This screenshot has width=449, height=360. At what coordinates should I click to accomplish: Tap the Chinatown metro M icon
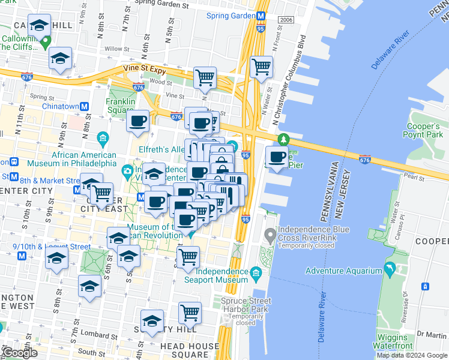tap(85, 106)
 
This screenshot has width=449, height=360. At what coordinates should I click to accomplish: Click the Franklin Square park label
tap(119, 106)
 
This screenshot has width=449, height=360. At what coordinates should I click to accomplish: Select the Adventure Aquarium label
tap(343, 271)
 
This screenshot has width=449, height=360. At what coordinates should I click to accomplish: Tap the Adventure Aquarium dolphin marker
tap(391, 270)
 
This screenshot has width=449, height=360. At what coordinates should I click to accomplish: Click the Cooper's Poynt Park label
tap(423, 130)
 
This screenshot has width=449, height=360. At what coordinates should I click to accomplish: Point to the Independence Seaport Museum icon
tap(256, 274)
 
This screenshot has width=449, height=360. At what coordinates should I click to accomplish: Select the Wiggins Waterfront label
tap(394, 341)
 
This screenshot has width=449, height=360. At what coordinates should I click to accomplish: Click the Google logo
tap(19, 353)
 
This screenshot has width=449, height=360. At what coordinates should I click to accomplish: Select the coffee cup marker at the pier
tap(277, 157)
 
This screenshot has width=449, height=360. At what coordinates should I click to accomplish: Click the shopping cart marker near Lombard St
tap(190, 312)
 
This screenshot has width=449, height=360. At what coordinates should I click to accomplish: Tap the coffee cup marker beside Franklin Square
tap(138, 121)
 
